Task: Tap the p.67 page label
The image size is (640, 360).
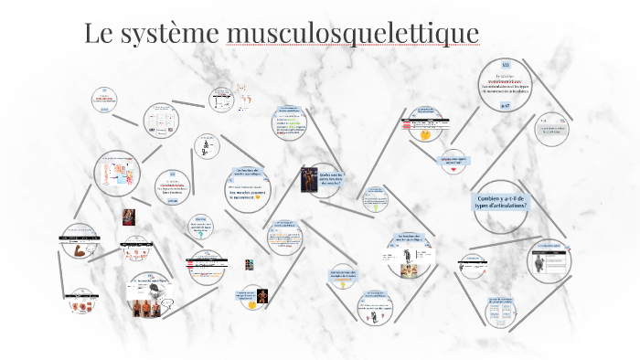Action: click(x=505, y=106)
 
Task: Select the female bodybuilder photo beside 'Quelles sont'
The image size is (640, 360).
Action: click(x=309, y=179)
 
